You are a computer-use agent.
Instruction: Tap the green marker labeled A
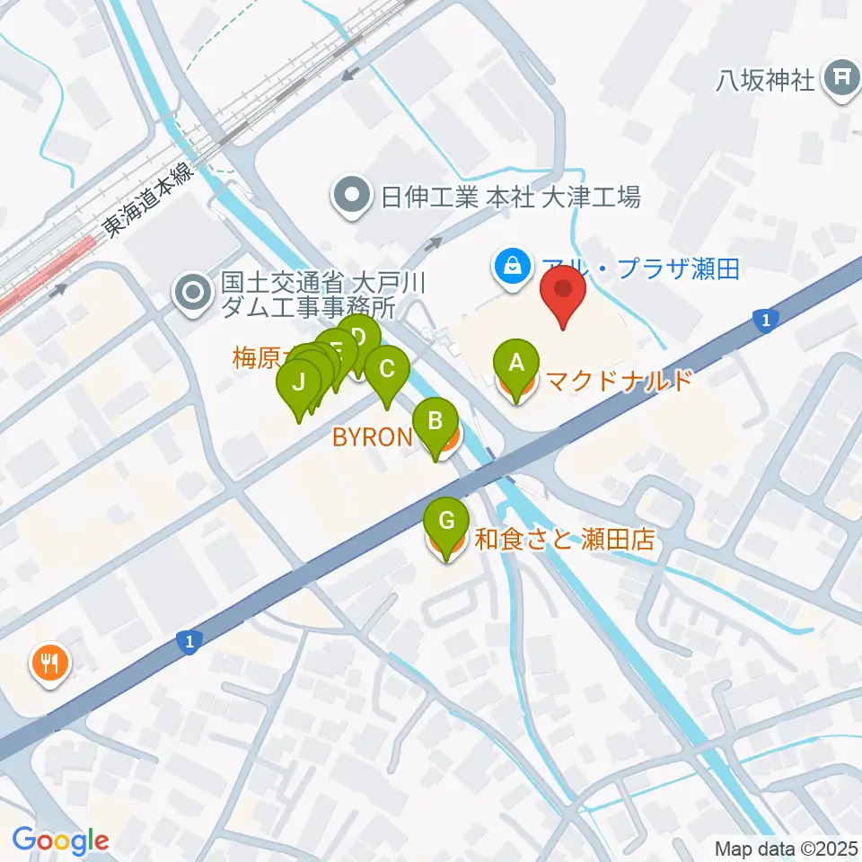point(516,365)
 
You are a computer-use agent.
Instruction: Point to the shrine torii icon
point(841,77)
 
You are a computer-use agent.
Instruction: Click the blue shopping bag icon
point(511,268)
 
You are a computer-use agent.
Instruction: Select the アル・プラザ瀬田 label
point(640,268)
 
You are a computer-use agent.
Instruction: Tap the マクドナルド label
point(619,381)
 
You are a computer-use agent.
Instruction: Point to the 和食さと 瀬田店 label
point(563,541)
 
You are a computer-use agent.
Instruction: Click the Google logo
point(60,840)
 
